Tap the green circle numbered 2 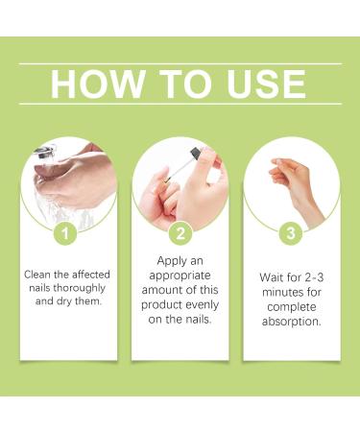pyautogui.click(x=180, y=233)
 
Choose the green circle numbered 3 pyautogui.click(x=291, y=233)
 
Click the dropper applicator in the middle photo pyautogui.click(x=196, y=158)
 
